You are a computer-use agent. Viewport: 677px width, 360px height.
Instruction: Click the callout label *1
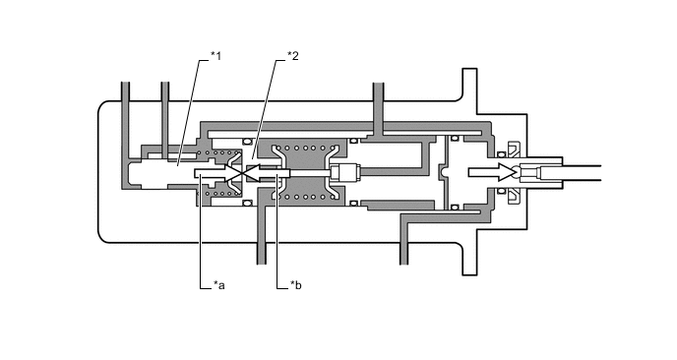coord(215,56)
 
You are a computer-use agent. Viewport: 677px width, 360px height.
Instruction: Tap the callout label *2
coord(292,56)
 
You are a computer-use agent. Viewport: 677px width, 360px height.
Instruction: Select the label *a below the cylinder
coord(219,285)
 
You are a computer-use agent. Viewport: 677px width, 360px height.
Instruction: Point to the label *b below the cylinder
coord(296,285)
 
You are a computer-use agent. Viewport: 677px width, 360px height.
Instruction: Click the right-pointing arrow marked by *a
coord(215,173)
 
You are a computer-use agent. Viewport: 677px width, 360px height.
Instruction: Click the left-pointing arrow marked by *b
coord(269,173)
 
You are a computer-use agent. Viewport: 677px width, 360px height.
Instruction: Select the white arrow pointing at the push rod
coord(491,172)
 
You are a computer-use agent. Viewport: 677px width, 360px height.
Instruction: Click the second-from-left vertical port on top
coord(165,117)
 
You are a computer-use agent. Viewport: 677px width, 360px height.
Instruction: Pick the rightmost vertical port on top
coord(378,108)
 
